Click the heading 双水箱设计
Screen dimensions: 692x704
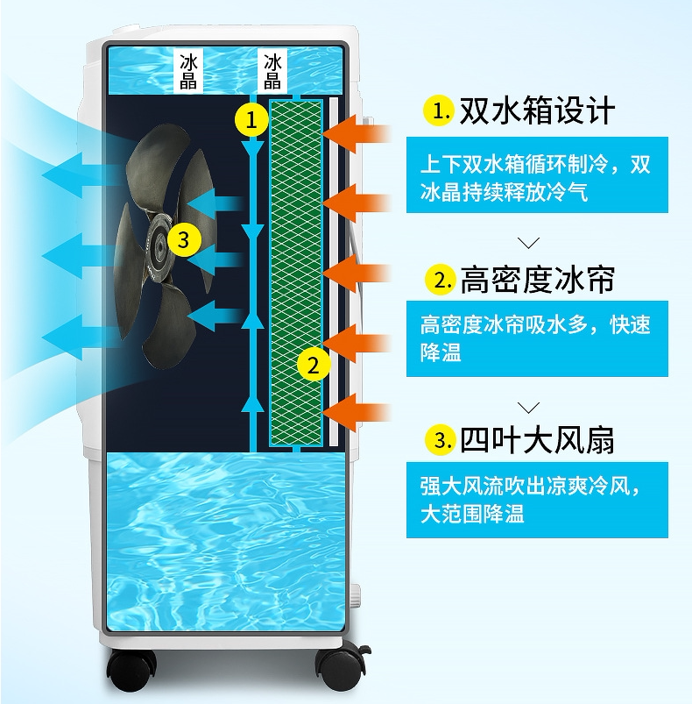tap(537, 111)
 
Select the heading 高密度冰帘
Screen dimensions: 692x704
tap(537, 280)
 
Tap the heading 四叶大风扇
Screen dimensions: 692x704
tap(537, 439)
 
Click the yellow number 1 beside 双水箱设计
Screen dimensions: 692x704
tap(437, 111)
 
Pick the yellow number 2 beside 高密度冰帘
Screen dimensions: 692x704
tap(437, 280)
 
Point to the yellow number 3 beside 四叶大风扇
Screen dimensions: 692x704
tap(437, 439)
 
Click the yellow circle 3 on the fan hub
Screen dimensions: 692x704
tap(182, 239)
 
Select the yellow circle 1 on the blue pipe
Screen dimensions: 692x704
tap(252, 119)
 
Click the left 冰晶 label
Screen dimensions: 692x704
tap(189, 71)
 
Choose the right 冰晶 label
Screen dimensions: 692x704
tap(273, 71)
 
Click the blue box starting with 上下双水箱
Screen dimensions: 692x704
tap(536, 178)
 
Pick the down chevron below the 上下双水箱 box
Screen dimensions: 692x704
tap(528, 242)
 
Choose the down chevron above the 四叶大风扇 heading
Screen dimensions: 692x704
tap(528, 406)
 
